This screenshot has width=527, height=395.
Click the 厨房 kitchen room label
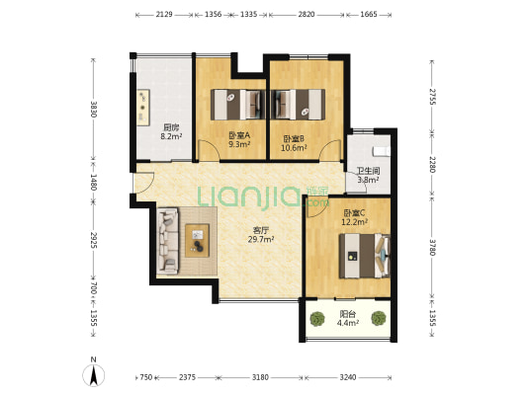click(171, 127)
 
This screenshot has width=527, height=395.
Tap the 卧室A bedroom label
click(239, 135)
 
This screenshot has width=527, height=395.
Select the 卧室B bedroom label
click(294, 138)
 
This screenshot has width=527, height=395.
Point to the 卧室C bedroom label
click(354, 213)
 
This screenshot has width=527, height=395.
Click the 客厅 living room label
click(260, 230)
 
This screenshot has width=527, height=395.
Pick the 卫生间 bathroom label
click(368, 171)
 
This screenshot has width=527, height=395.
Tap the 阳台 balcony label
click(347, 314)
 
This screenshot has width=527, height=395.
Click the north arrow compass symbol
click(93, 372)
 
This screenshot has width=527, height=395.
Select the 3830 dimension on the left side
click(93, 110)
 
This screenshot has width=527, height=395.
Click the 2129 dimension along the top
click(164, 15)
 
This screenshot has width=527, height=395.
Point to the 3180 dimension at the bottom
click(260, 377)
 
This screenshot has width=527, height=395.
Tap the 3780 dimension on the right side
click(432, 247)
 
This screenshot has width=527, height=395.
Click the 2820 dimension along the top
click(307, 15)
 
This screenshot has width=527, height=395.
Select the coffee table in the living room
click(198, 241)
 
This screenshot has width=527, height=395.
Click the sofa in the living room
click(168, 241)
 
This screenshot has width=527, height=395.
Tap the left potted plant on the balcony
click(317, 319)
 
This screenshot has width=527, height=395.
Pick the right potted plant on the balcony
click(379, 318)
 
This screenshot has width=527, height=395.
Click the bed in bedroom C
click(365, 256)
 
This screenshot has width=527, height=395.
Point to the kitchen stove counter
click(143, 108)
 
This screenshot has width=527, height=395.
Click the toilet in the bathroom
click(382, 152)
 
